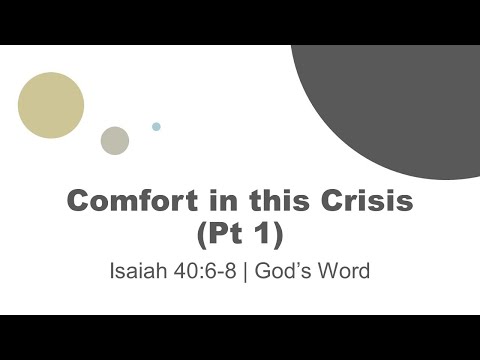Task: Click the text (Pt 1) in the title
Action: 240,234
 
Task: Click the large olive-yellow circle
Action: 51,105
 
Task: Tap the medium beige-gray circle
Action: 115,141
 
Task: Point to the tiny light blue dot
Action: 156,127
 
